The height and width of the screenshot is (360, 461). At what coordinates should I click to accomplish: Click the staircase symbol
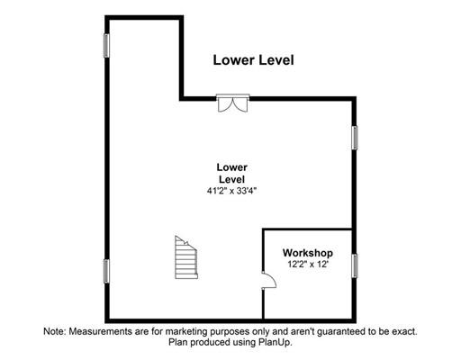(186, 258)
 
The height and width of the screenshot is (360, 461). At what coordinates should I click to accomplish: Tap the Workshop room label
(308, 253)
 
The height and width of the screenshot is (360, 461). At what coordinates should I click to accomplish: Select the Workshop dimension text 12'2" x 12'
(308, 265)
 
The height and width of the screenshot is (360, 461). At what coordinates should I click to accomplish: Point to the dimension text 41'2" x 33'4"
(232, 191)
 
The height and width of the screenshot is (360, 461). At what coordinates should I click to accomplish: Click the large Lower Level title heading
(253, 60)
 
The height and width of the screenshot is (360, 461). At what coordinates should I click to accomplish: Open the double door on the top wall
(233, 103)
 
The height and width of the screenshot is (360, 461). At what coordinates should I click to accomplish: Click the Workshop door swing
(268, 281)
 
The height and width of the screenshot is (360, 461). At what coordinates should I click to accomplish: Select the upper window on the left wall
(106, 46)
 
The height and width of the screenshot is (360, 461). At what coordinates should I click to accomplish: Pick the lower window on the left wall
(106, 271)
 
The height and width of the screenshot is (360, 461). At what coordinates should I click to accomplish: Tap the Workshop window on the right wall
(355, 265)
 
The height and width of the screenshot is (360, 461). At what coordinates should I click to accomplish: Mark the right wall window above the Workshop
(355, 138)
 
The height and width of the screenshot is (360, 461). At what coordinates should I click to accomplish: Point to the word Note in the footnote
(55, 331)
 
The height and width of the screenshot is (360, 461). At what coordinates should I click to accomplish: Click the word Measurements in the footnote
(100, 331)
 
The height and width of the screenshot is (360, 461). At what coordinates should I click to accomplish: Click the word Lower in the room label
(232, 167)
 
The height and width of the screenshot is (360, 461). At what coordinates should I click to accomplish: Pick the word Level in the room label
(232, 179)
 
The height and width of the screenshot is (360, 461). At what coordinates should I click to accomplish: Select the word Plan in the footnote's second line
(178, 343)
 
